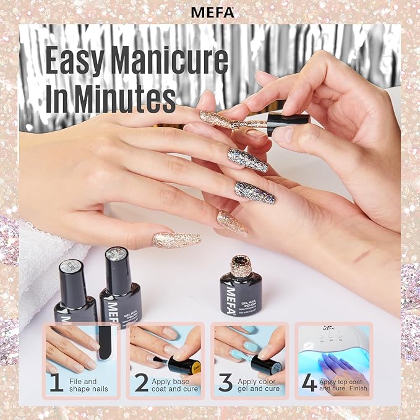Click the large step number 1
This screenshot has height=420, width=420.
pyautogui.click(x=57, y=382)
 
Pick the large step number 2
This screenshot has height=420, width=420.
pyautogui.click(x=142, y=382)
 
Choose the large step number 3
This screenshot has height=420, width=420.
pyautogui.click(x=226, y=382)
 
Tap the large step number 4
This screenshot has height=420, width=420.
pyautogui.click(x=309, y=381)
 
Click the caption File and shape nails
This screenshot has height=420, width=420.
pyautogui.click(x=83, y=386)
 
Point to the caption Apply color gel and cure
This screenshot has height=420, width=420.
pyautogui.click(x=255, y=386)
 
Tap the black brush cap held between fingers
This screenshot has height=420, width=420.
pyautogui.click(x=287, y=120)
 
